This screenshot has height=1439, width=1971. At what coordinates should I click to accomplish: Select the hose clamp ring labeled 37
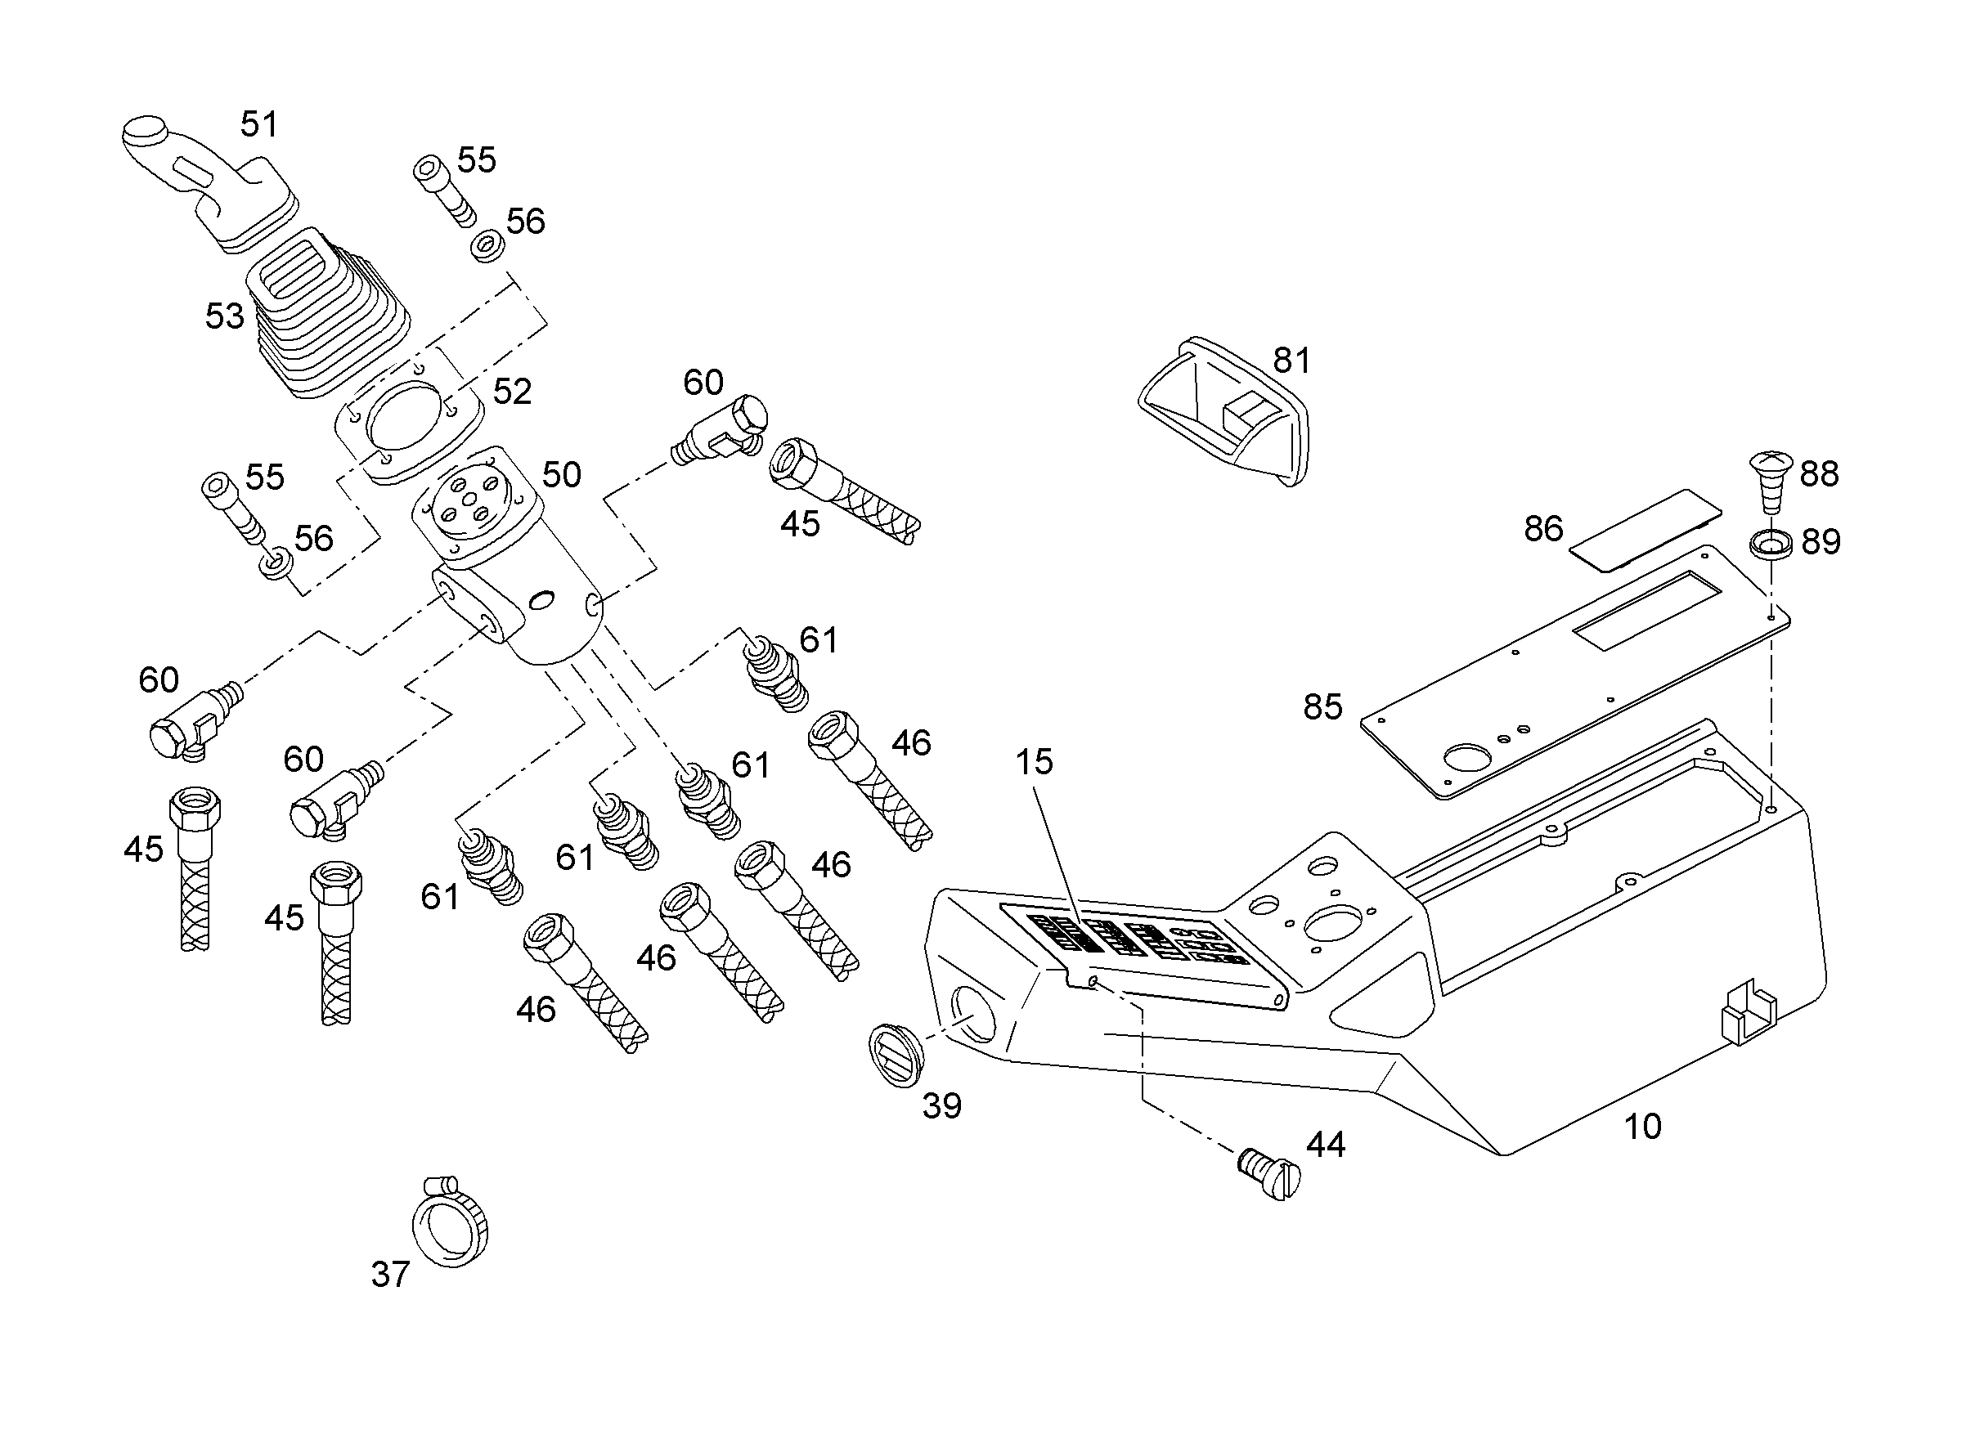pos(451,1225)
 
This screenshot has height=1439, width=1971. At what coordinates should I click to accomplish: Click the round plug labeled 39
pos(898,1056)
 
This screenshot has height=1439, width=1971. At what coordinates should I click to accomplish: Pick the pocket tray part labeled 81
pos(1224,409)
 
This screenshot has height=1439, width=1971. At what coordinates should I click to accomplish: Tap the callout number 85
pos(1322,706)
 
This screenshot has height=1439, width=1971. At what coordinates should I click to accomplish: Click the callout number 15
pos(1035,762)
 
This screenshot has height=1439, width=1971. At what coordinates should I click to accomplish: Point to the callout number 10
pos(1642,1127)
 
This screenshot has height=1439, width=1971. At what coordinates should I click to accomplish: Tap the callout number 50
pos(561,475)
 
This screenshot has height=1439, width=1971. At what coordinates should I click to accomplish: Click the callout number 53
pos(224,316)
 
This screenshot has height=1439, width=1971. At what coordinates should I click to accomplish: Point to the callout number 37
pos(389,1275)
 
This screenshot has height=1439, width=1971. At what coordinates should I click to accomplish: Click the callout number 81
pos(1291,360)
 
